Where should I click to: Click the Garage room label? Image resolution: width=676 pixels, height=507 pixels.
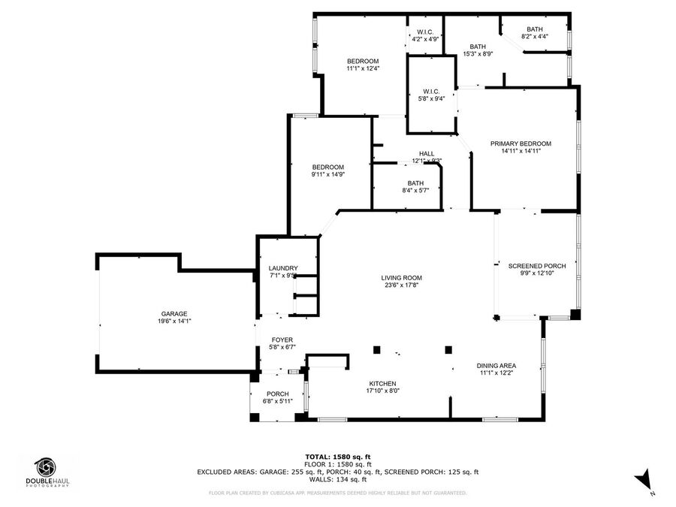click(174, 314)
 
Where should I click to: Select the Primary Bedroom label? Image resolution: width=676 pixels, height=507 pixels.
click(521, 143)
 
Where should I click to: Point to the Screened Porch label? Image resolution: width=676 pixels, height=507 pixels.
click(537, 266)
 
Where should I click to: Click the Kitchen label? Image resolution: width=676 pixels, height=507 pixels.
click(382, 384)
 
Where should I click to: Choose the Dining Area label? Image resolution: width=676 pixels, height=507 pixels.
click(496, 366)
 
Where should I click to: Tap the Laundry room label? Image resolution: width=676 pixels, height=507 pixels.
click(283, 268)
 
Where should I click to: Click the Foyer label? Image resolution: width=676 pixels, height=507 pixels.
click(282, 340)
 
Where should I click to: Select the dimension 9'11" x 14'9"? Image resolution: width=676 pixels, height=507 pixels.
click(328, 175)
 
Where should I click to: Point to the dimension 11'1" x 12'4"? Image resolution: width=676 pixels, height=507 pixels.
click(363, 68)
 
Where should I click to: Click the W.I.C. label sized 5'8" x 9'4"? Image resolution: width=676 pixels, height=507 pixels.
click(431, 92)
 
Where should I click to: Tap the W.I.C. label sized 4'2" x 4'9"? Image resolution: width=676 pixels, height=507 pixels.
click(425, 32)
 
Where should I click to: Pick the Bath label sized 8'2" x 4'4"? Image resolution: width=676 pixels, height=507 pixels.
click(534, 29)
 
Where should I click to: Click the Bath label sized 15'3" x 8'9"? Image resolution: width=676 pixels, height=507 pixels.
click(478, 47)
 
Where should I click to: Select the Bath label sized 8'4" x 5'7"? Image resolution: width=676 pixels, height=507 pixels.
click(415, 183)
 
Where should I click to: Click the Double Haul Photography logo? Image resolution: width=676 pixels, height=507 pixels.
click(47, 471)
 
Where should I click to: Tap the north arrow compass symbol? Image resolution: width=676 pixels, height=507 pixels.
click(644, 478)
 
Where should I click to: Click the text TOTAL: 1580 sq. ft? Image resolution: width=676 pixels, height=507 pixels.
click(337, 457)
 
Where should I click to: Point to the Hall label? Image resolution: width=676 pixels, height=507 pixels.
click(427, 153)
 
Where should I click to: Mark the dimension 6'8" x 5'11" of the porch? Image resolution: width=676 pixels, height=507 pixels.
click(278, 401)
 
